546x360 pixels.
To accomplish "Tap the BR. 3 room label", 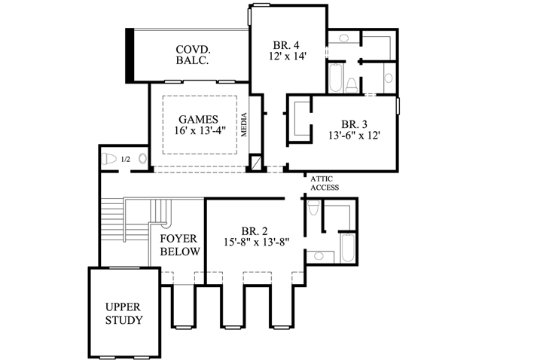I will point(355,124).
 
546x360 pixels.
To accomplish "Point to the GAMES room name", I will point(198,119).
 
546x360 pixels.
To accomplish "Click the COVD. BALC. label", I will point(192,55).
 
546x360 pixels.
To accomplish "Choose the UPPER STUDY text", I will point(124,313).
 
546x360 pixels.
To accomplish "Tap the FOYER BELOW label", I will point(179,245).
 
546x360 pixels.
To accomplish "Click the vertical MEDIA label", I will point(244,128).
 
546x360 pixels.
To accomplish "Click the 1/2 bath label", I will point(125,160).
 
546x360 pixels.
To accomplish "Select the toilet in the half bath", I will point(110,159).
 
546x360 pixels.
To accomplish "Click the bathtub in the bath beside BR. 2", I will point(347,248).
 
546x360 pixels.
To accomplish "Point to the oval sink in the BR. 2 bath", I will point(319,257).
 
